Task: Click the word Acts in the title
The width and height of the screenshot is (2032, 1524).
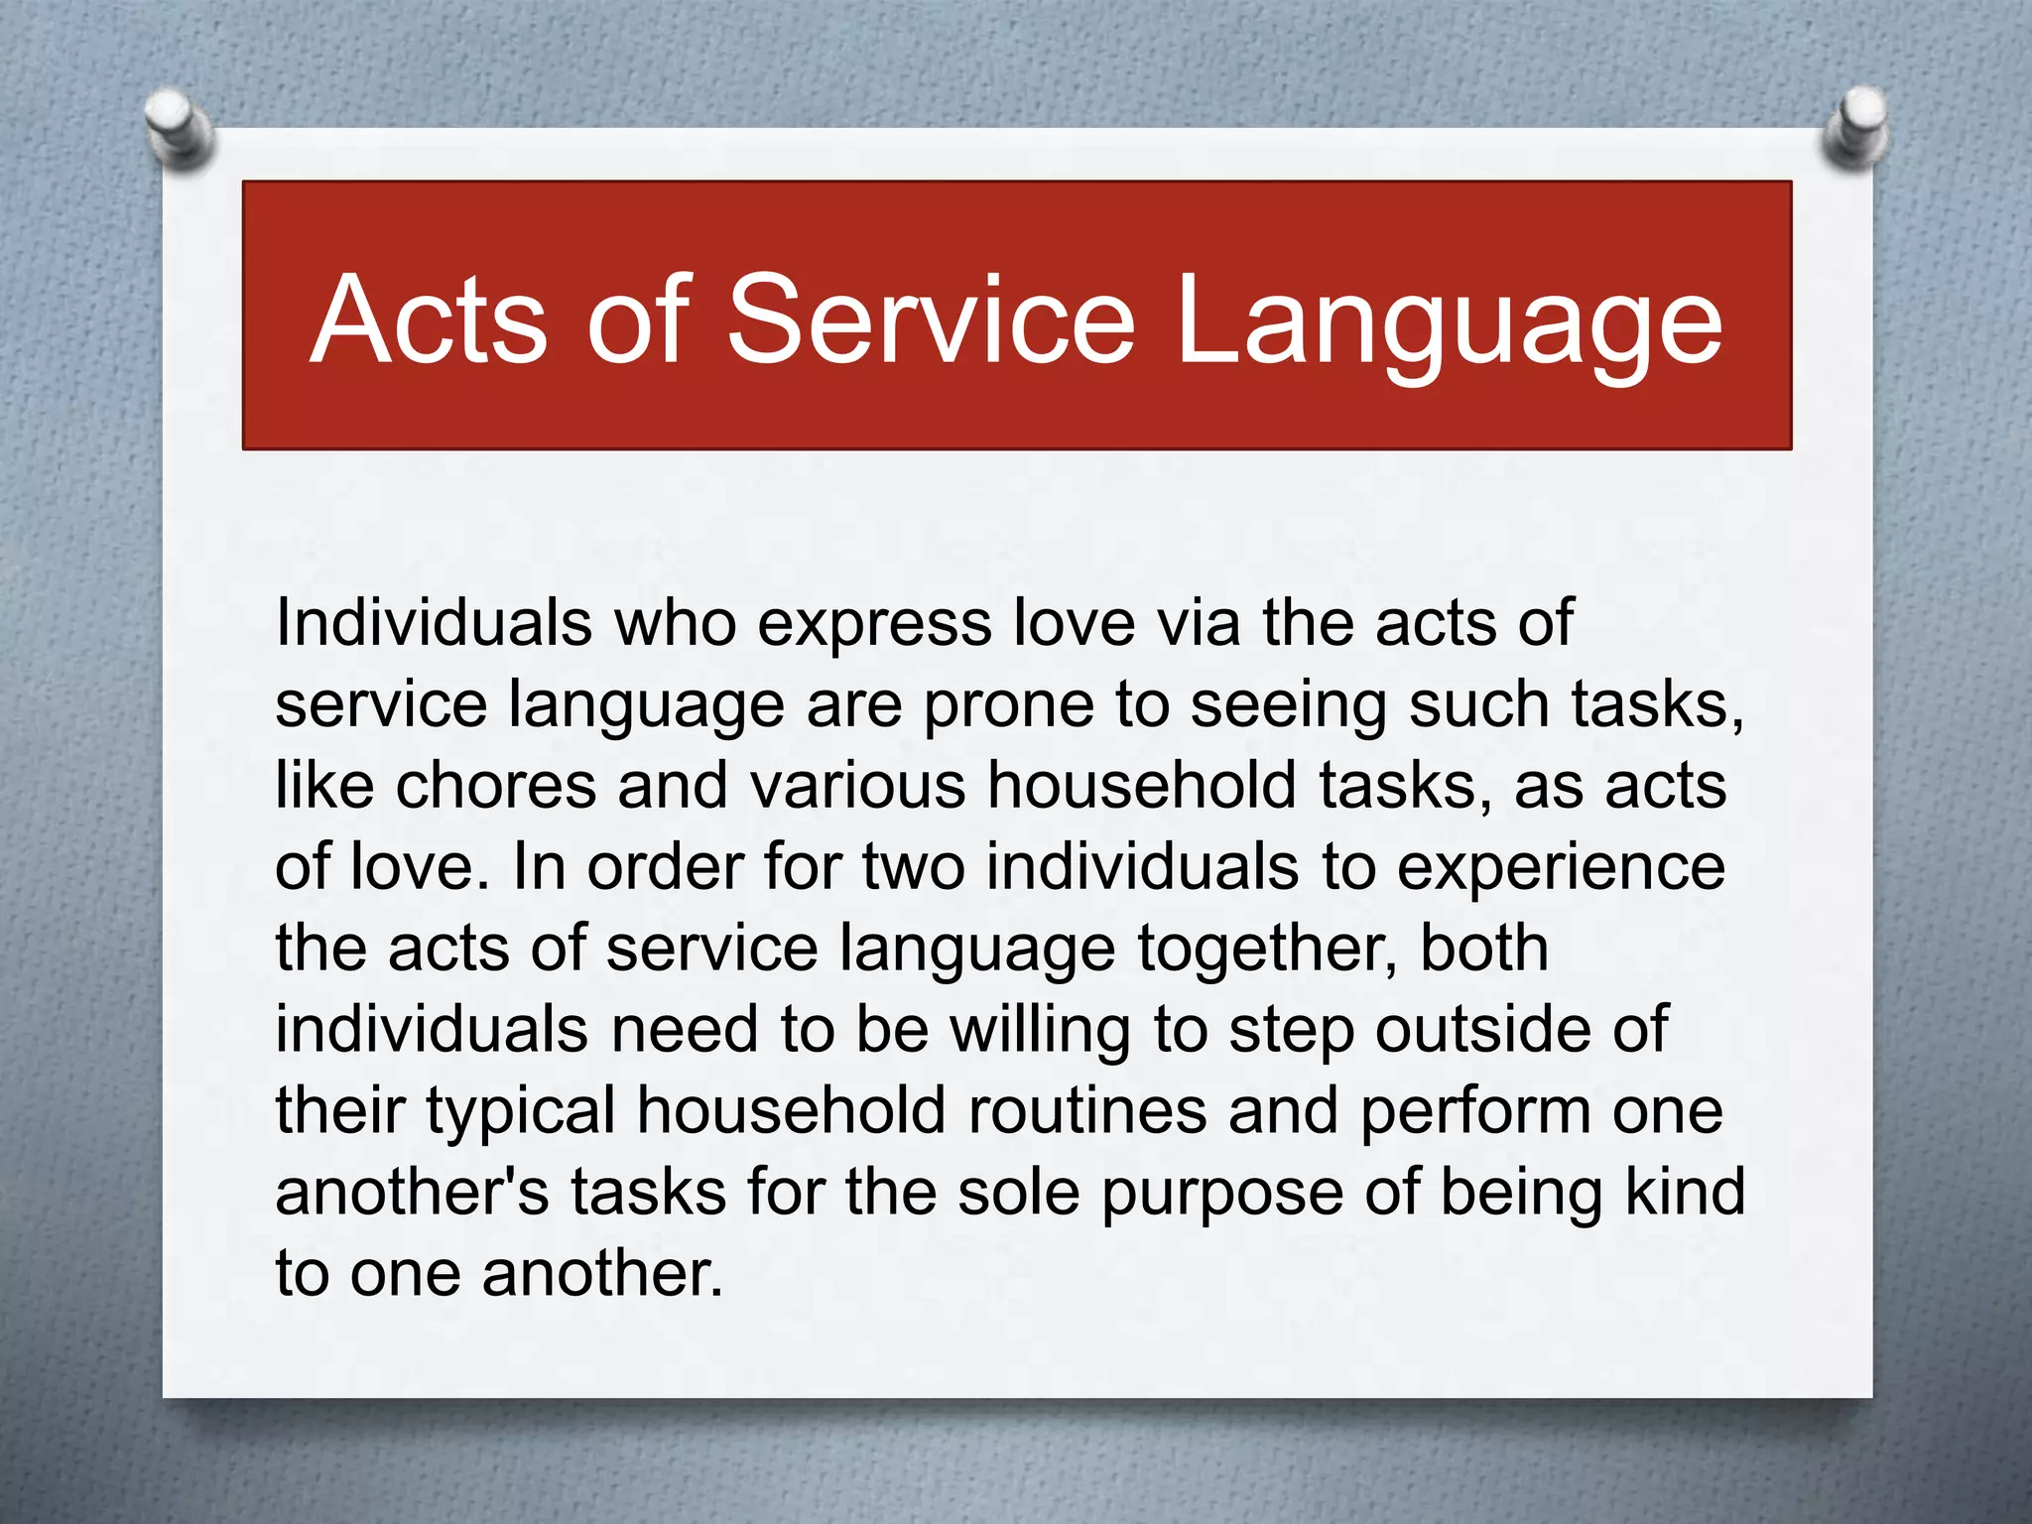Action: tap(429, 319)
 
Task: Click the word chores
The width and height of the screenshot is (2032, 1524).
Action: tap(496, 786)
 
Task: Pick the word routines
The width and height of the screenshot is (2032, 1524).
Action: tap(1087, 1111)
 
